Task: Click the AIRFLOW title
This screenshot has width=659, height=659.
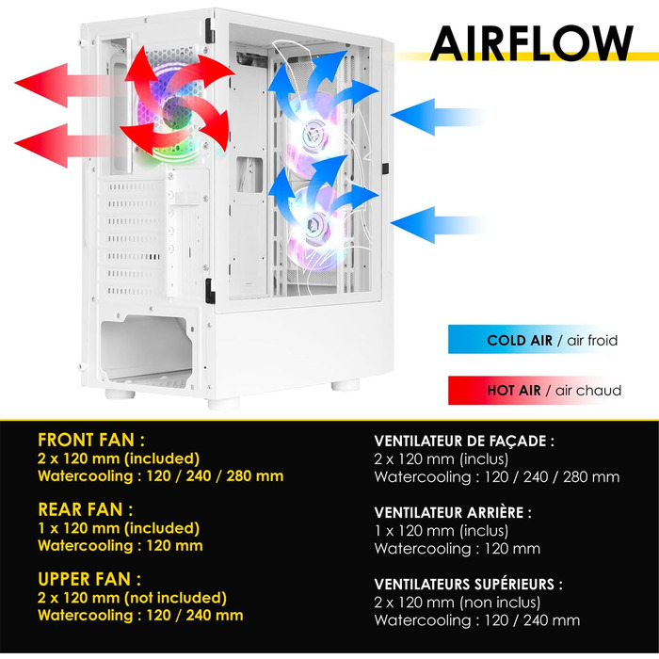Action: pyautogui.click(x=531, y=43)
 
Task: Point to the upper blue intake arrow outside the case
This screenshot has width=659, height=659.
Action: pyautogui.click(x=437, y=117)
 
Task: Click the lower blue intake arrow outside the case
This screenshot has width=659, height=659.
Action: pyautogui.click(x=437, y=225)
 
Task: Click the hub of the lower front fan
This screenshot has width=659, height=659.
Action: pyautogui.click(x=314, y=224)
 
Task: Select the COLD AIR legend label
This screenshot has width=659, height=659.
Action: pyautogui.click(x=520, y=340)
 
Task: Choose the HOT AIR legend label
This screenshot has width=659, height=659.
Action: pyautogui.click(x=514, y=391)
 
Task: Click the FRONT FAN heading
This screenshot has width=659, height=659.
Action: pyautogui.click(x=91, y=440)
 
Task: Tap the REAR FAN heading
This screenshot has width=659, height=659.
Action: pyautogui.click(x=86, y=509)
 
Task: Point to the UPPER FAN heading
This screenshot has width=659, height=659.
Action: pyautogui.click(x=89, y=579)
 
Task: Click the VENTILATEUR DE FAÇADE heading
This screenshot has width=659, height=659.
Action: pyautogui.click(x=464, y=442)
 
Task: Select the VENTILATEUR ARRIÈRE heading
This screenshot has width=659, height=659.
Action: pyautogui.click(x=453, y=513)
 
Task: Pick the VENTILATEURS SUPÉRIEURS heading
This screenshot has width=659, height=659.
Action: pyautogui.click(x=468, y=585)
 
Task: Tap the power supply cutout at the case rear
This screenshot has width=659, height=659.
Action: pyautogui.click(x=146, y=349)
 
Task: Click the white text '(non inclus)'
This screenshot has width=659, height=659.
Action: pyautogui.click(x=500, y=603)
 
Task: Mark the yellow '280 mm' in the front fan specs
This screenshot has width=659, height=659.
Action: pyautogui.click(x=255, y=476)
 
